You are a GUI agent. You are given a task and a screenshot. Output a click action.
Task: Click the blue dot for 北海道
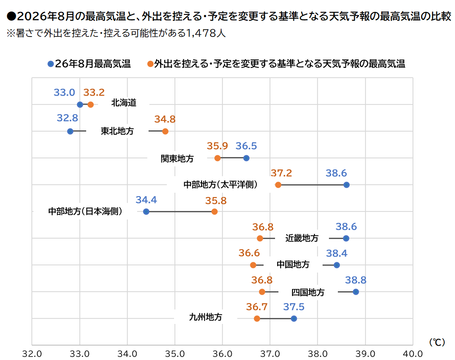coord(80,104)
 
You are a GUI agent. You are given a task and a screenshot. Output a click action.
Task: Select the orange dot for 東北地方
coord(165,131)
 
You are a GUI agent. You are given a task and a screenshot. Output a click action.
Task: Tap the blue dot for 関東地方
coord(246,158)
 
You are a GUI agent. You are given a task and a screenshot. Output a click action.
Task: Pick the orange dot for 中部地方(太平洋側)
coord(278,185)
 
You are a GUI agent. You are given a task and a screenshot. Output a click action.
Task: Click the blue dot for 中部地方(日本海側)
coord(146,212)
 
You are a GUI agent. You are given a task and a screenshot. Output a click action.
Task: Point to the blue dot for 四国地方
coord(356,292)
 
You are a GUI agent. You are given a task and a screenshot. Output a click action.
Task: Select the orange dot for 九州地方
coord(257,318)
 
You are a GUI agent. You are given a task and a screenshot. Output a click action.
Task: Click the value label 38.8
coord(356,280)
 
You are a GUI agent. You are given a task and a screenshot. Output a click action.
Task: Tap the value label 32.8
coord(67,118)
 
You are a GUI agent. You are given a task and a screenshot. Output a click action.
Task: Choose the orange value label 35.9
coord(217,146)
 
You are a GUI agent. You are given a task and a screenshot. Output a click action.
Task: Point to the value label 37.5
coord(294,307)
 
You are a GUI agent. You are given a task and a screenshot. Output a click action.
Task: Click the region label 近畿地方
coord(302,238)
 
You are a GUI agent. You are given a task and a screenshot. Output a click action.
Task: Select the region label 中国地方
coord(293,264)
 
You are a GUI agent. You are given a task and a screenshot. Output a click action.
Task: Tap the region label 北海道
coord(124,102)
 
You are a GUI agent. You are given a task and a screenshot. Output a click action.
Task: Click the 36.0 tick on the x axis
coord(222,354)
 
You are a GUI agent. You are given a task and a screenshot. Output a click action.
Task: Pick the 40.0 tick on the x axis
coord(413,354)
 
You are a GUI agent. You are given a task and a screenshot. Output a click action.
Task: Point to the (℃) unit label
coord(437,342)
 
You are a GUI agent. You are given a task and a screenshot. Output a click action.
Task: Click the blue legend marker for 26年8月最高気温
coord(51,64)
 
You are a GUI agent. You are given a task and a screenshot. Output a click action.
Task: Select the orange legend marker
coord(150,64)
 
